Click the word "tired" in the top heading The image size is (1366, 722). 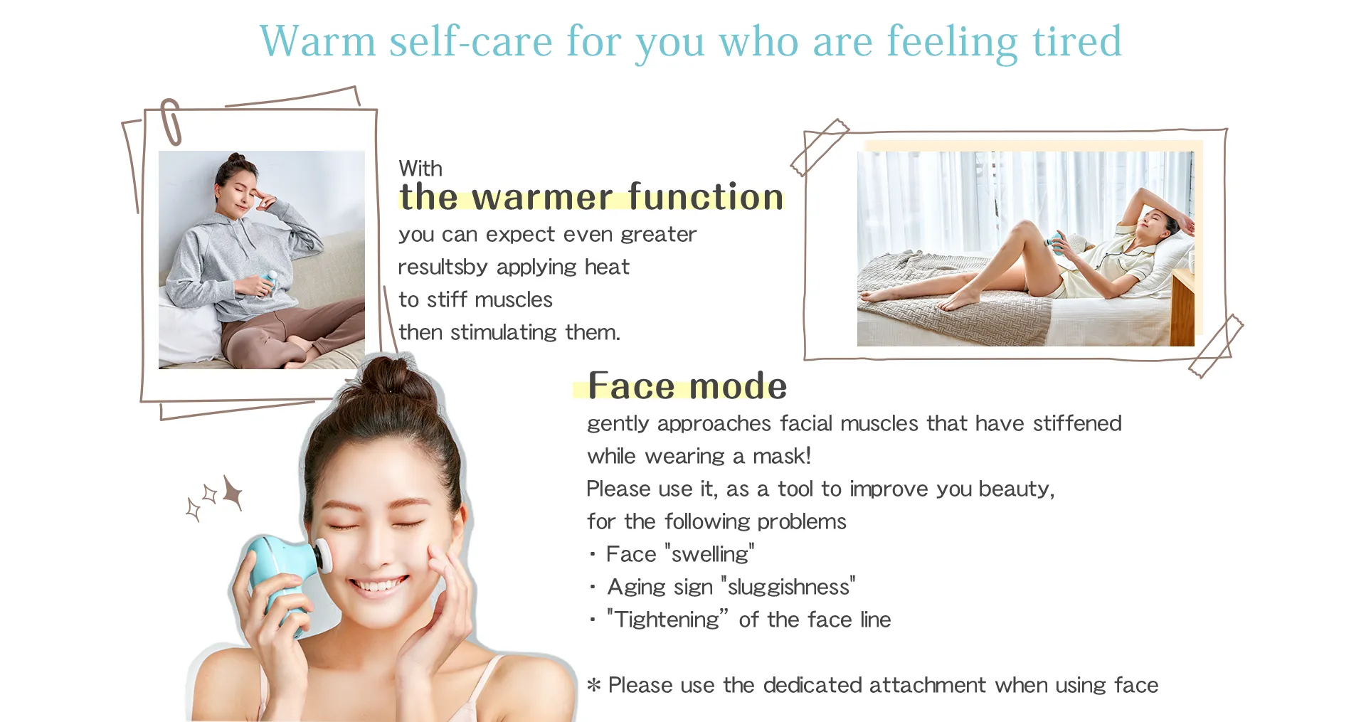[1076, 41]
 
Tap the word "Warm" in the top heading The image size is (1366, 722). [317, 41]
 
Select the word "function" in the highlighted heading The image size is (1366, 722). [705, 196]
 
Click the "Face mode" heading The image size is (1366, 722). [687, 386]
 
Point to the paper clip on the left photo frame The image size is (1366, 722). [171, 122]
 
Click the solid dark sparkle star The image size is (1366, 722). [233, 492]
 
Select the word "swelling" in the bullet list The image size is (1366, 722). [710, 554]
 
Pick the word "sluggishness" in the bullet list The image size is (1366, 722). [788, 587]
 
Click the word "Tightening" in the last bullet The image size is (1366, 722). [667, 620]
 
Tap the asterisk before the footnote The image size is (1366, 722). [594, 685]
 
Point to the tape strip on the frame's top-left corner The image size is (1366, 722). [820, 147]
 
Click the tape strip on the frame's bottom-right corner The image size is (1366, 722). [1216, 346]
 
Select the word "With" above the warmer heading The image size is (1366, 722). [420, 169]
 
